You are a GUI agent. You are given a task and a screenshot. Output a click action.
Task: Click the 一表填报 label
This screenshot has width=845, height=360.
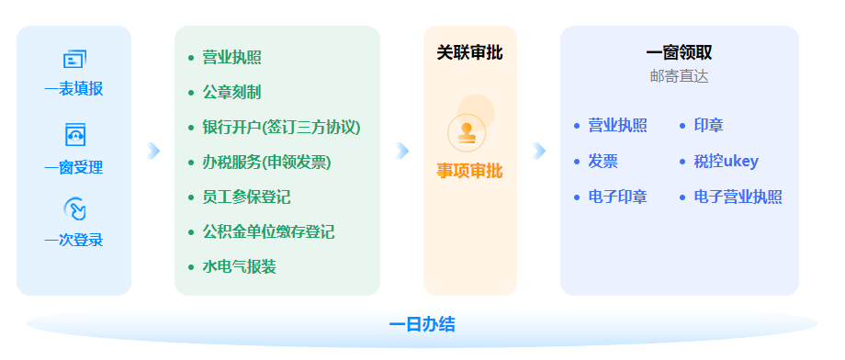(x=73, y=89)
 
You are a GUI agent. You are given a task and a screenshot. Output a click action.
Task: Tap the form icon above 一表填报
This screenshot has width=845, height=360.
(x=74, y=59)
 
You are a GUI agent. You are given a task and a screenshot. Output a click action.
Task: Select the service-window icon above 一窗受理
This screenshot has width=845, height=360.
(x=75, y=135)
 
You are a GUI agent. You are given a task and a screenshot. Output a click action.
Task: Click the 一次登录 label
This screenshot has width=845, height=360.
(x=73, y=240)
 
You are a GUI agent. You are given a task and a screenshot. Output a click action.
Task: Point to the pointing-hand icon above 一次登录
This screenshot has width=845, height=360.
(x=75, y=209)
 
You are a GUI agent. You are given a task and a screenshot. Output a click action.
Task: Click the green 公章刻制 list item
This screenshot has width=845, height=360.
(x=231, y=92)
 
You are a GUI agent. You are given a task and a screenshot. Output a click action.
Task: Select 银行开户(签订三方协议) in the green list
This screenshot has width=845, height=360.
(x=281, y=128)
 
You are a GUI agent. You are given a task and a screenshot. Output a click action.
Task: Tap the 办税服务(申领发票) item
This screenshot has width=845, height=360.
(x=266, y=163)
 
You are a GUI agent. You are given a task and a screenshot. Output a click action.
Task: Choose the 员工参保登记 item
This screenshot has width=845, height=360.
(x=246, y=197)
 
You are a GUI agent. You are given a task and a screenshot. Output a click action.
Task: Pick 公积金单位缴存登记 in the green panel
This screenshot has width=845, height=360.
(x=268, y=231)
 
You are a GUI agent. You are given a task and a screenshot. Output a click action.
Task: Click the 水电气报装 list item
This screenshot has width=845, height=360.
(x=240, y=266)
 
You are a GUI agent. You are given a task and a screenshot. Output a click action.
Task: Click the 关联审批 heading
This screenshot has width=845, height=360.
(x=469, y=53)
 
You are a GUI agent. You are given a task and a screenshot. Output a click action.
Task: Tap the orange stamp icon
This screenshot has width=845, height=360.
(x=467, y=132)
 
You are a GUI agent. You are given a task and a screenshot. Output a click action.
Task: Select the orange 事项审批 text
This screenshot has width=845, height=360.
(x=469, y=171)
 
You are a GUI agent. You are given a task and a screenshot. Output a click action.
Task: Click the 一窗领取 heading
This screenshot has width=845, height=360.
(x=679, y=52)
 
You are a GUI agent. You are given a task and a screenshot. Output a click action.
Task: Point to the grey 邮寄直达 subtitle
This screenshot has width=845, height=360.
(x=679, y=76)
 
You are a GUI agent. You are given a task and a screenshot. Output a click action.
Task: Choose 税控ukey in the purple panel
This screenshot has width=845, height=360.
(x=726, y=161)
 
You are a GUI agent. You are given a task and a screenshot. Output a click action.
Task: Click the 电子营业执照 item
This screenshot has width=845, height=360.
(x=738, y=197)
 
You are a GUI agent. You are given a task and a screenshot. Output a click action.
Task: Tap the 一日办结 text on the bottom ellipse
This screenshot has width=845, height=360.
(x=422, y=324)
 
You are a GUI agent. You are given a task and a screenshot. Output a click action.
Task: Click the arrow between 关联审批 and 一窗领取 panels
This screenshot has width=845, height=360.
(x=539, y=152)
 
